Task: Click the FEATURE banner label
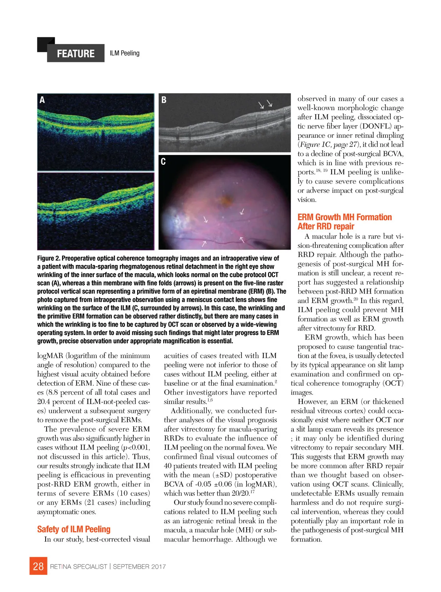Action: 76,54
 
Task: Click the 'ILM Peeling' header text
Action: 125,53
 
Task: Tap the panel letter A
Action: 42,100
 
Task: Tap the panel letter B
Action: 164,99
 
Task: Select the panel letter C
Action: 163,161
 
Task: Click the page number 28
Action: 38,566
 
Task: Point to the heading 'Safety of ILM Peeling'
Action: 73,529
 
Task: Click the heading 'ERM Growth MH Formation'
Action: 344,217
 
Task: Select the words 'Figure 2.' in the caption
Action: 49,258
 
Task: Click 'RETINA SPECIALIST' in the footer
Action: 79,567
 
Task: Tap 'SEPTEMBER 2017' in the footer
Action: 139,567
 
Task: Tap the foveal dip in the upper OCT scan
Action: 94,120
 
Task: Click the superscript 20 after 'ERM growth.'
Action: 356,299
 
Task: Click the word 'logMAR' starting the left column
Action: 50,356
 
